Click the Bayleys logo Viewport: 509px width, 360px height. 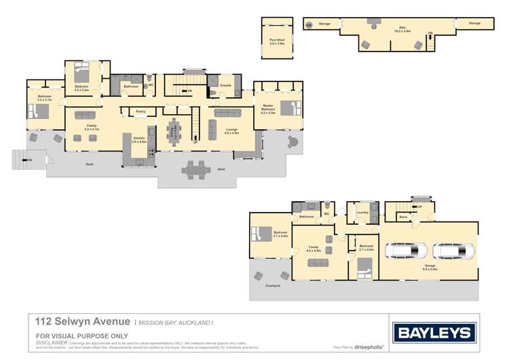point(434,333)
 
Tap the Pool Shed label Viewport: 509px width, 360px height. point(277,41)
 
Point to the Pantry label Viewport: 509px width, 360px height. point(140,111)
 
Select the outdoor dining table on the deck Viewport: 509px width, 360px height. point(195,169)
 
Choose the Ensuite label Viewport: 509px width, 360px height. point(225,86)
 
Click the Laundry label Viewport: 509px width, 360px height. point(362,213)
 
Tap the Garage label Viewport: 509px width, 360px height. point(430,269)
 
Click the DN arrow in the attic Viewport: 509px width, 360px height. point(430,34)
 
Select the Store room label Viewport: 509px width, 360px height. point(402,217)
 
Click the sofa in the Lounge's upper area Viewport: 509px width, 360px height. point(227,113)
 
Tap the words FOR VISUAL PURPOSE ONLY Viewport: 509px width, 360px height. point(81,336)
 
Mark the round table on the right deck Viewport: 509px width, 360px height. point(293,141)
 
